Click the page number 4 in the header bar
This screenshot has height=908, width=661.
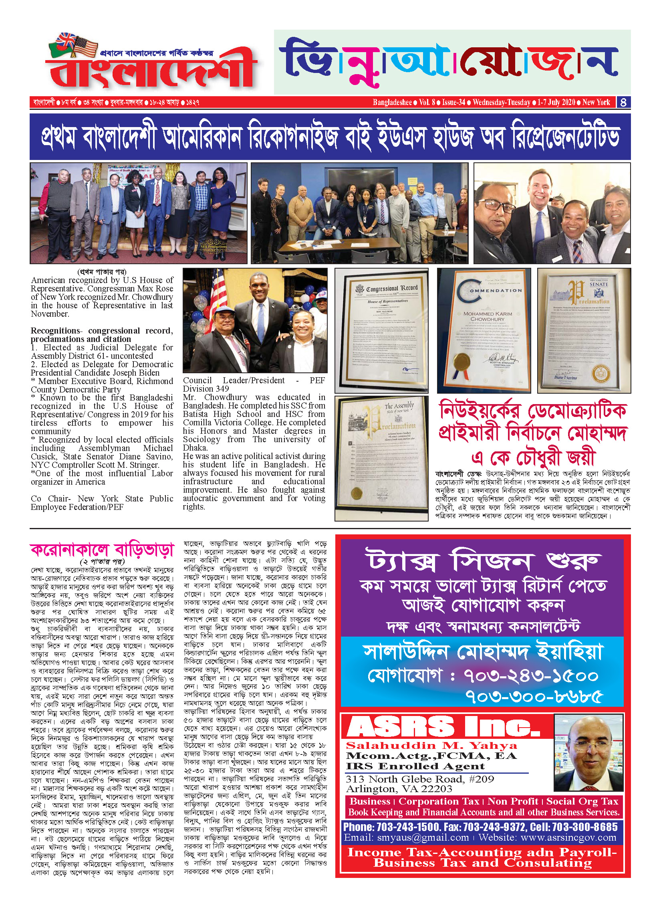point(623,102)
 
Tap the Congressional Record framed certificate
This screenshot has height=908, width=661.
point(381,330)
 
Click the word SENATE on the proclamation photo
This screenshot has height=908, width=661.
point(599,284)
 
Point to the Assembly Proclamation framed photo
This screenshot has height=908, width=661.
point(381,458)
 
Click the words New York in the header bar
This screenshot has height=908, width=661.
point(596,102)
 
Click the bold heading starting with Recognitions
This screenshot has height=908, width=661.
point(102,335)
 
